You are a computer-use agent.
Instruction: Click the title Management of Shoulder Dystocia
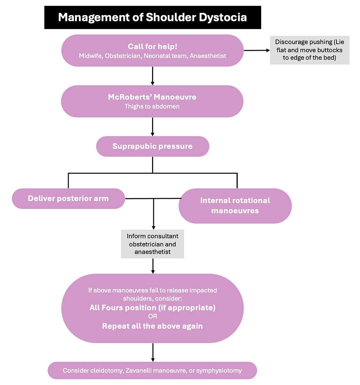click(x=152, y=17)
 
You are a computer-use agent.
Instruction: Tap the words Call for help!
click(x=152, y=46)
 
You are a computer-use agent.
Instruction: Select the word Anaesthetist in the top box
click(x=208, y=56)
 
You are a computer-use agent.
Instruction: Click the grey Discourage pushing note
click(x=309, y=50)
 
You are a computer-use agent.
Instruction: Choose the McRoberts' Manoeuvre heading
click(x=152, y=97)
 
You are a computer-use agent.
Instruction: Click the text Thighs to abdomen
click(x=152, y=107)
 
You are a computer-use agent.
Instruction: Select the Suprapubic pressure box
click(x=152, y=146)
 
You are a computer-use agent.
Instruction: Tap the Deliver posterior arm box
click(x=68, y=199)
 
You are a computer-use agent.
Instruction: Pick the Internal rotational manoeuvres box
click(x=235, y=206)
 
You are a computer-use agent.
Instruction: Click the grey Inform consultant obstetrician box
click(x=152, y=244)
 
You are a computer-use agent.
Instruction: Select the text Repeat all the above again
click(x=152, y=326)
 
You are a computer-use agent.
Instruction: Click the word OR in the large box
click(x=152, y=317)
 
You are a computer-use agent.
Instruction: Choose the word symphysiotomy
click(x=219, y=370)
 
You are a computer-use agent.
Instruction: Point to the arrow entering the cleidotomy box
click(x=152, y=352)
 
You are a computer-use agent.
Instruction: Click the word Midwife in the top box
click(x=90, y=56)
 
